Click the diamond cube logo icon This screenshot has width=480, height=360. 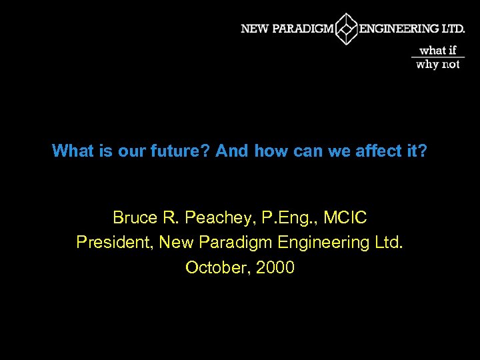(x=346, y=29)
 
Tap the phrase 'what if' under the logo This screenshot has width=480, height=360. (x=437, y=50)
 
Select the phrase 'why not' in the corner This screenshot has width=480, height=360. (x=437, y=65)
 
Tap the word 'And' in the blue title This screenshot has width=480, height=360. (x=232, y=151)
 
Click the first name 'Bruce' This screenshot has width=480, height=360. (x=135, y=217)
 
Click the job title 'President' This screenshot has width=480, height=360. (x=115, y=243)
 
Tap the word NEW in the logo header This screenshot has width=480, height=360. (x=254, y=29)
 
